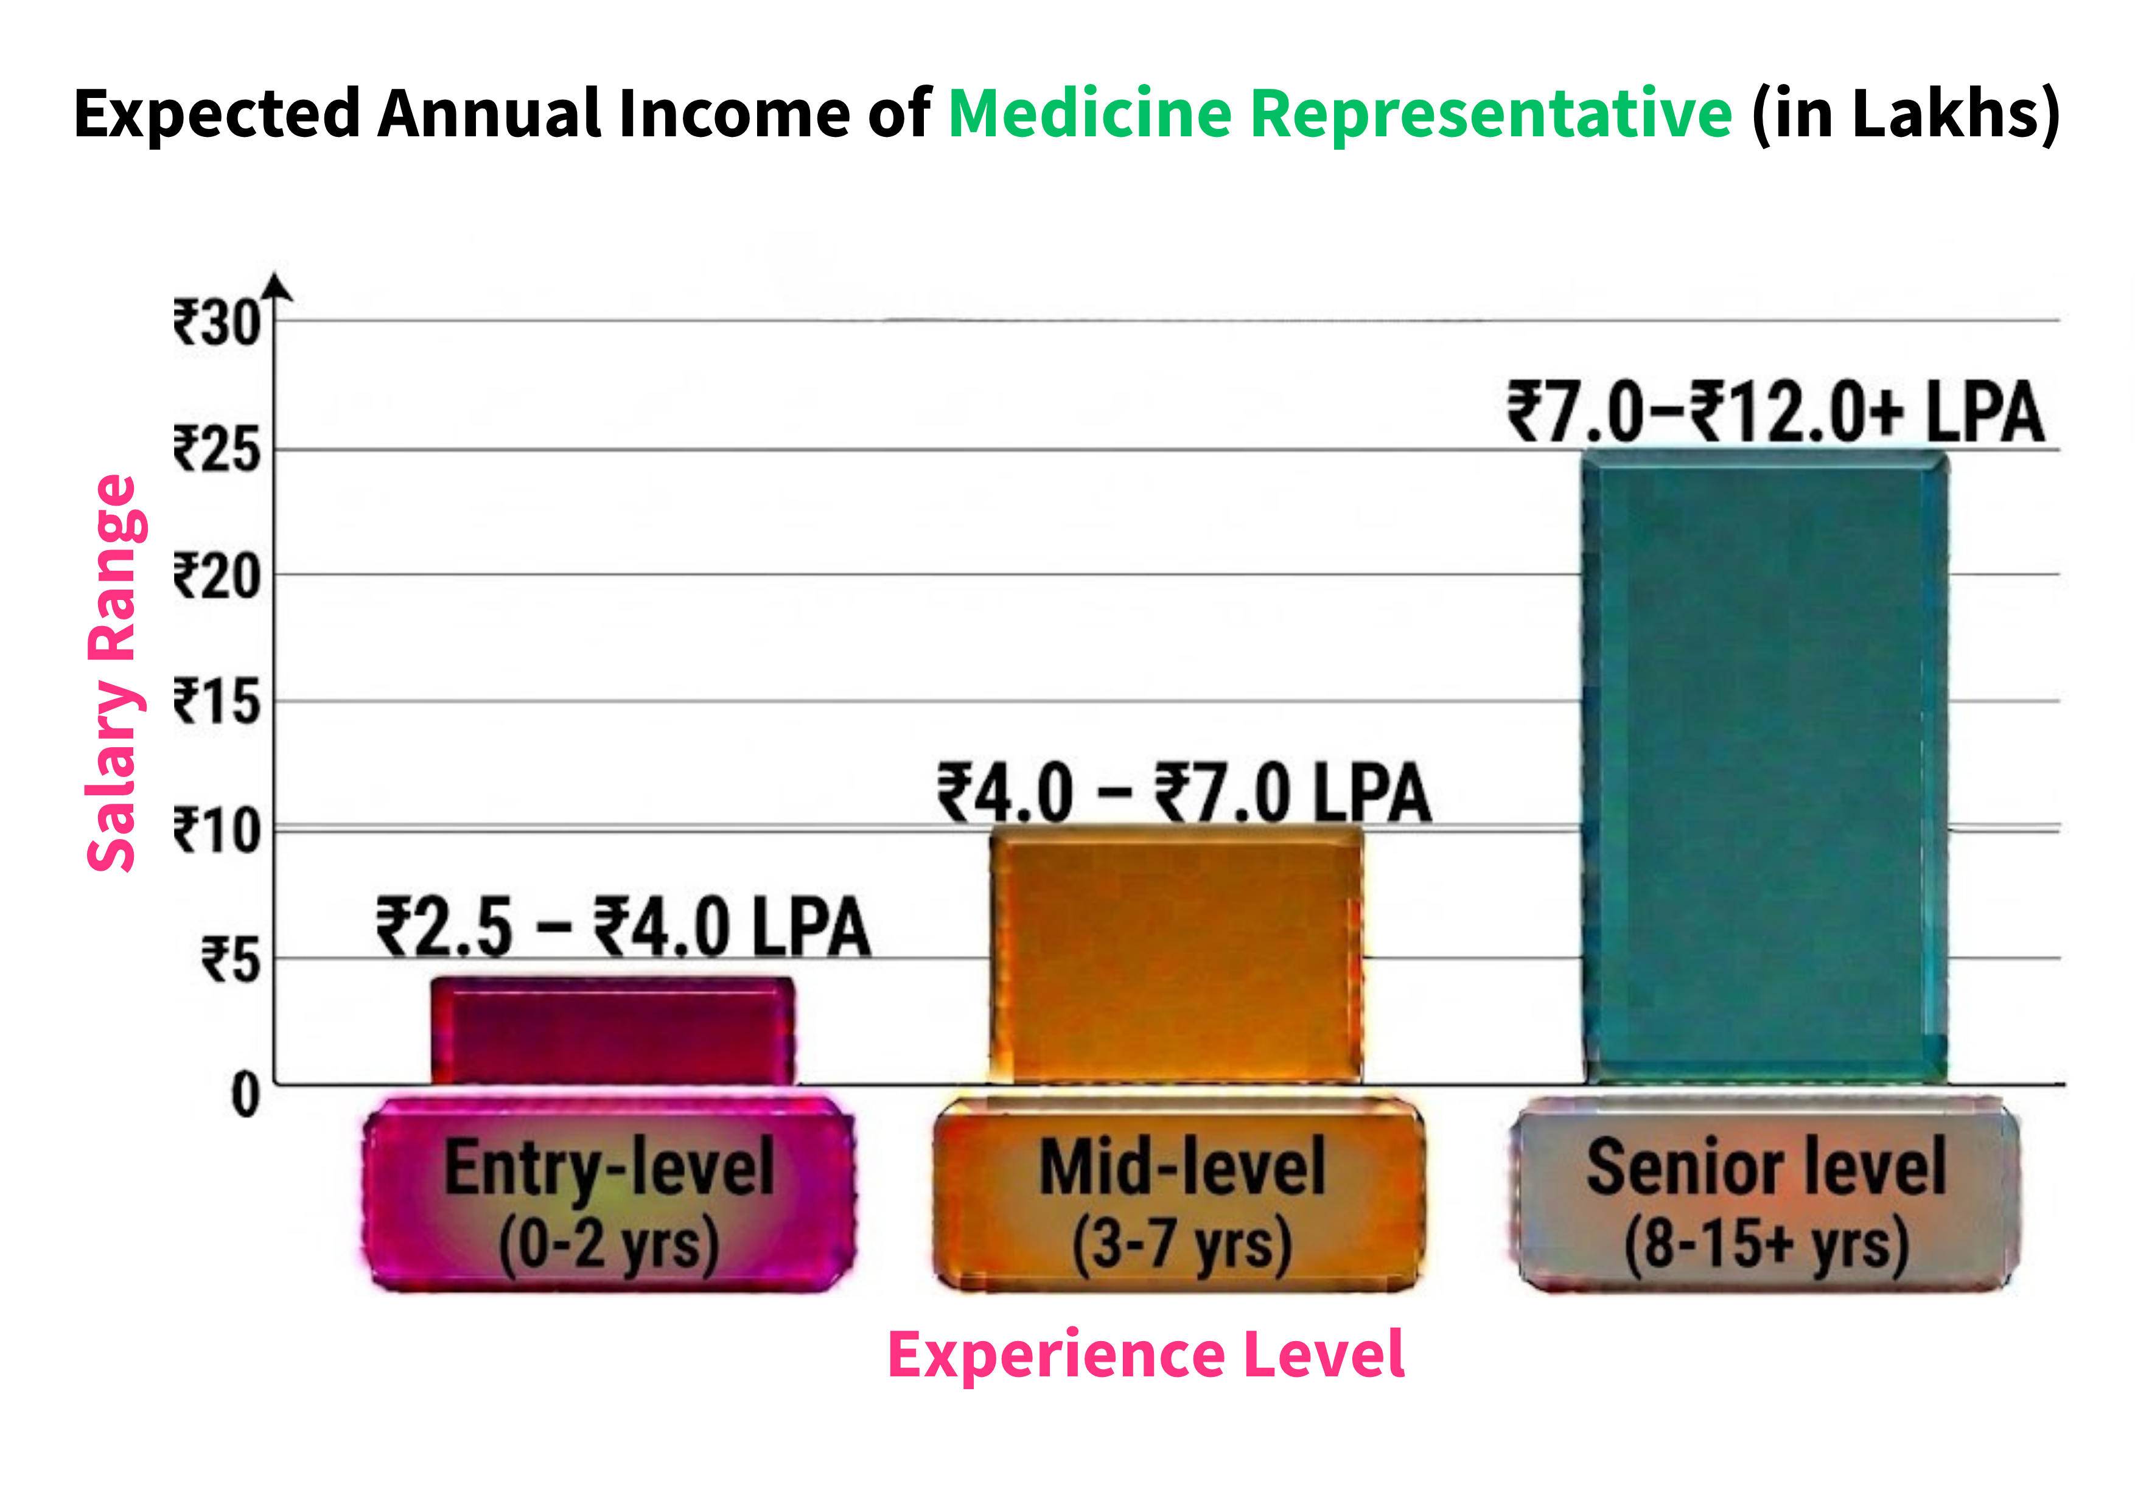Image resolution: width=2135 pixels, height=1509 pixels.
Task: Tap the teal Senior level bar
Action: tap(1765, 767)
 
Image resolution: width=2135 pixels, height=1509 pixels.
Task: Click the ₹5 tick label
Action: tap(231, 960)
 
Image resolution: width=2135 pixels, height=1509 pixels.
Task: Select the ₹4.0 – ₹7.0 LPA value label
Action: tap(1184, 793)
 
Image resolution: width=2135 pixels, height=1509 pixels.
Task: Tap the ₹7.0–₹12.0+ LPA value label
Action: tap(1775, 412)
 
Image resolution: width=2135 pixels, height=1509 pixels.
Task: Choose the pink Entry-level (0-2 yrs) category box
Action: tap(609, 1195)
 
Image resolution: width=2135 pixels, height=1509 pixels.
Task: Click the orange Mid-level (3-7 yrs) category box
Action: tap(1179, 1195)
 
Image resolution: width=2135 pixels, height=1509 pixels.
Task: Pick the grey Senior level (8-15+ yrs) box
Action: tap(1765, 1195)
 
